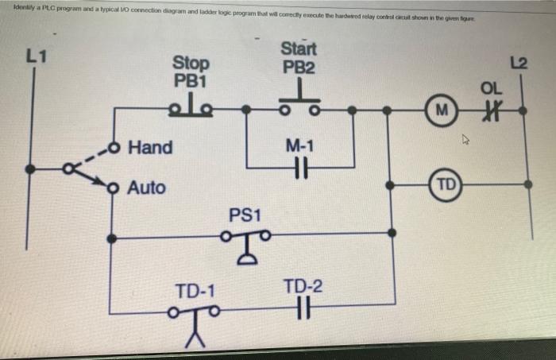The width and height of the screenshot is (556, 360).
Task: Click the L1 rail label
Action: click(x=37, y=56)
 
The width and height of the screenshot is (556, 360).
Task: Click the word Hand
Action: click(x=151, y=148)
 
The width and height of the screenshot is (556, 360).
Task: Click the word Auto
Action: click(x=147, y=188)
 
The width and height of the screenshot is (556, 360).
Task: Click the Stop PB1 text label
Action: click(x=191, y=71)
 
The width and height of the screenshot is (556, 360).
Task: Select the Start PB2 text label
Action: click(x=298, y=58)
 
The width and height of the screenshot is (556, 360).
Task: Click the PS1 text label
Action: click(x=245, y=215)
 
